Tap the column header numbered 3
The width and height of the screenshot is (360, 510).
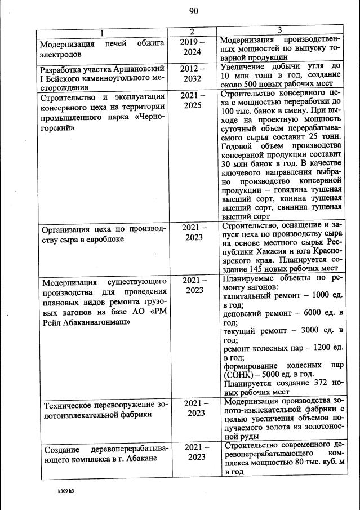[x=279, y=29]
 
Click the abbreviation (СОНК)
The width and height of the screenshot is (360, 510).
[x=239, y=372]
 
